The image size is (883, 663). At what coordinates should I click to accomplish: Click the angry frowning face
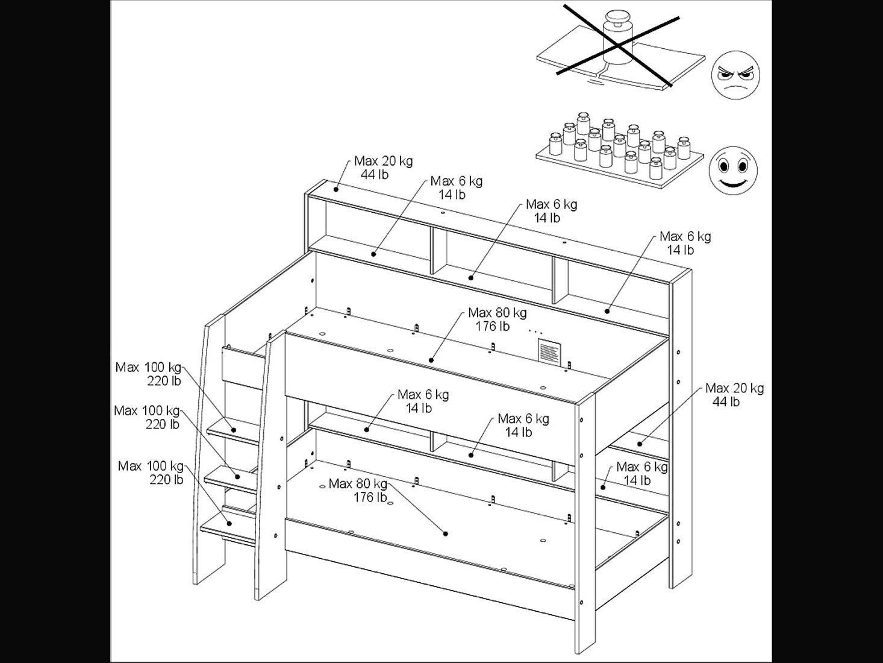735,75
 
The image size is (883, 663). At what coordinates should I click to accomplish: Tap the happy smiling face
733,171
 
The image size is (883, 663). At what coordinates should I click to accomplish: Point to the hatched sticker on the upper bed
549,353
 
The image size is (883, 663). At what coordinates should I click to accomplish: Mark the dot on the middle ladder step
237,477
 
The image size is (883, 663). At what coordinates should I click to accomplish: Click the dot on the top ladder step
233,430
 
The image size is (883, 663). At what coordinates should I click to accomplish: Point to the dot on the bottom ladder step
229,523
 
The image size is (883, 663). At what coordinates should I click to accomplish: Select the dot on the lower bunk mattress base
445,534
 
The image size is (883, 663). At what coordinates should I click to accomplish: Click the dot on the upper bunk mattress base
431,360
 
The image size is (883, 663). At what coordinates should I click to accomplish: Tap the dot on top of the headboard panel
335,189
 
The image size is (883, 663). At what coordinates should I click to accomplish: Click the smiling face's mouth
733,184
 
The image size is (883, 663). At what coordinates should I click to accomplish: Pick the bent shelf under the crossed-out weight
621,60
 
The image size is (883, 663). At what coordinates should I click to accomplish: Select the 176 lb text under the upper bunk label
492,327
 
